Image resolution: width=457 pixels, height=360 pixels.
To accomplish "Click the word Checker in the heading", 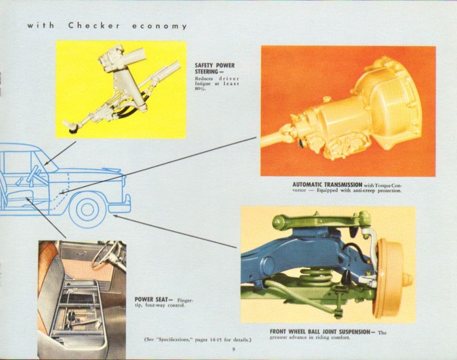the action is pyautogui.click(x=94, y=26).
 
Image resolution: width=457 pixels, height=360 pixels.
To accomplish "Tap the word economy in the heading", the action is pyautogui.click(x=159, y=26).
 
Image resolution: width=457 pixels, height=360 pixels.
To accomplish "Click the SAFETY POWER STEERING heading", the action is pyautogui.click(x=215, y=69).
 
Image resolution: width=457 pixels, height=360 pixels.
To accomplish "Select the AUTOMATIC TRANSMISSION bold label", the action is pyautogui.click(x=327, y=185).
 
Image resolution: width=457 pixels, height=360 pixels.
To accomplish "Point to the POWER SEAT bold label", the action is pyautogui.click(x=154, y=299).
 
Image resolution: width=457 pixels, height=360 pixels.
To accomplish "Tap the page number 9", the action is pyautogui.click(x=234, y=350).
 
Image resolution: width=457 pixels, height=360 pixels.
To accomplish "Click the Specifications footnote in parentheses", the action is pyautogui.click(x=198, y=339).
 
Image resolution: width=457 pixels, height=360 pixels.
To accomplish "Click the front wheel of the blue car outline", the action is pyautogui.click(x=87, y=209).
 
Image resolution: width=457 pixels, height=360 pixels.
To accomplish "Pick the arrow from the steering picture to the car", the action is pyautogui.click(x=60, y=154).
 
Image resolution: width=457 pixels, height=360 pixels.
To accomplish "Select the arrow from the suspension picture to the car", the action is pyautogui.click(x=175, y=232).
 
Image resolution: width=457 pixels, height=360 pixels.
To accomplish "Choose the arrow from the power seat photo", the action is pyautogui.click(x=46, y=218).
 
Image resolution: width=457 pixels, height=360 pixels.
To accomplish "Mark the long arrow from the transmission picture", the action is pyautogui.click(x=158, y=165).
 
